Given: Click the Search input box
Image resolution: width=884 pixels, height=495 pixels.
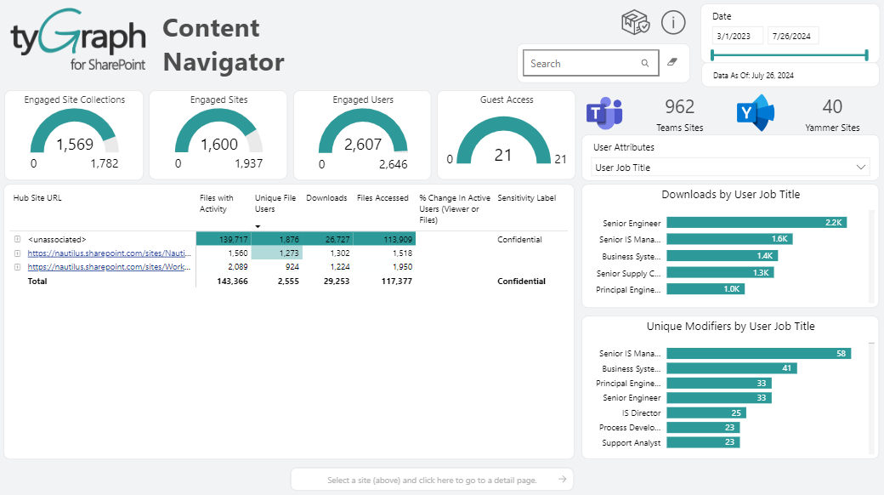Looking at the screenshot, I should click(582, 64).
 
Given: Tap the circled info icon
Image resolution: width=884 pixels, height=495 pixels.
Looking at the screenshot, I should click(673, 23).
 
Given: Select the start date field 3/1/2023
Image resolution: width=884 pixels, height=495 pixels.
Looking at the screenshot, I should click(737, 37).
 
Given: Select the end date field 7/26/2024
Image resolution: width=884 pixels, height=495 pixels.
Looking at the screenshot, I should click(792, 37).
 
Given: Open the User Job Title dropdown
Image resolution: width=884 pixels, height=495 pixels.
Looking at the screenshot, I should click(730, 168).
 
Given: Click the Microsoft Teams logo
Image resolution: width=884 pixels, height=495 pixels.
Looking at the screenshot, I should click(605, 113).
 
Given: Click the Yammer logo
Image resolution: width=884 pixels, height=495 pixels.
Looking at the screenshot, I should click(755, 113).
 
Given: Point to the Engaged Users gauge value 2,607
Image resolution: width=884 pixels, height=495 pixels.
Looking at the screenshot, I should click(363, 145).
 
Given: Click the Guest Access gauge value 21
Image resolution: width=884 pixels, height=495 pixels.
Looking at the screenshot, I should click(503, 155).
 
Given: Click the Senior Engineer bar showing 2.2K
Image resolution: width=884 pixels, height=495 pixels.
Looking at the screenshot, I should click(756, 223).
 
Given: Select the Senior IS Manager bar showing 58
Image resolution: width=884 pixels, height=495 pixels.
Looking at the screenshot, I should click(758, 353).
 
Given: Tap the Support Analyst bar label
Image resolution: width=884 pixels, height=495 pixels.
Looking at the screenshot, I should click(631, 442).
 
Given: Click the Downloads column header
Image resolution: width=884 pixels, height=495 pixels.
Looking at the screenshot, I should click(326, 198).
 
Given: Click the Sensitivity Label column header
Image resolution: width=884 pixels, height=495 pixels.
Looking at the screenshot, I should click(527, 198).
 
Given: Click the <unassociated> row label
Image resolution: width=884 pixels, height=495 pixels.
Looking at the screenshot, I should click(57, 240).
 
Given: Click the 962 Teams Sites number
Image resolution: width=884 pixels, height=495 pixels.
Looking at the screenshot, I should click(679, 106).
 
